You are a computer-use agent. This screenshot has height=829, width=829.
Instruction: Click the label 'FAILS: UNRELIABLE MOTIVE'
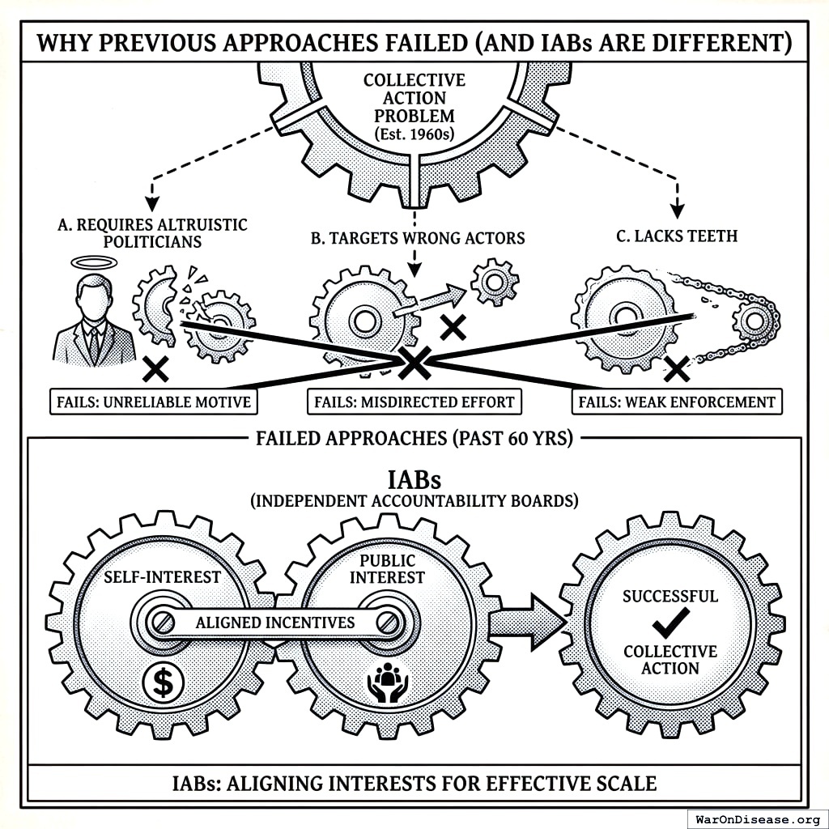tap(153, 402)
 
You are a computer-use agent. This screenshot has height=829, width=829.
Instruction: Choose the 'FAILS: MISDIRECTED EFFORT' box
tap(414, 402)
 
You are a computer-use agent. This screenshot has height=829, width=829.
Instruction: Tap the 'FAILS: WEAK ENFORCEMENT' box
tap(677, 402)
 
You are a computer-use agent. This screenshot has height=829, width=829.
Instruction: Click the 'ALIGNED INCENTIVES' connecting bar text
tap(275, 623)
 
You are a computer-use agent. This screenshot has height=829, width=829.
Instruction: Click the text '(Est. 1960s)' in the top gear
tap(414, 133)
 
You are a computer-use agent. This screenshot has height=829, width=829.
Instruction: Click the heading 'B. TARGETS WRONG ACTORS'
tap(418, 238)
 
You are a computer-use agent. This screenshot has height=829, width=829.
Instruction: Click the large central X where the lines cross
tap(414, 363)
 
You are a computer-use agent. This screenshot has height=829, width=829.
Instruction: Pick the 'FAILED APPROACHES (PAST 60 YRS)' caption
tap(414, 440)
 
